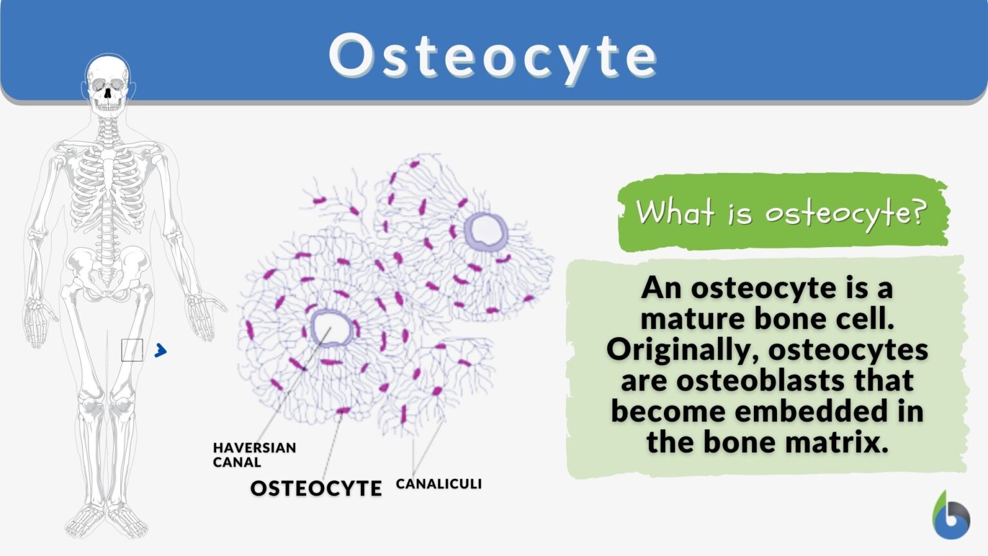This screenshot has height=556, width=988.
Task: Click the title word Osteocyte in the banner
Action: click(x=493, y=57)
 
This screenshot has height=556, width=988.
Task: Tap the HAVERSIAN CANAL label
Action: click(x=254, y=454)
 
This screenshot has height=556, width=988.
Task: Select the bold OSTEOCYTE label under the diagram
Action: click(x=316, y=488)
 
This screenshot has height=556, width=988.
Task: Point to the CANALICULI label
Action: click(x=439, y=484)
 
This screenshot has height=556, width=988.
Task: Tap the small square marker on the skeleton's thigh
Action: click(x=132, y=351)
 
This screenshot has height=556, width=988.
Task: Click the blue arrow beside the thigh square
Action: click(x=161, y=351)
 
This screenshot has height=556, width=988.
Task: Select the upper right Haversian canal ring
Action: click(x=486, y=230)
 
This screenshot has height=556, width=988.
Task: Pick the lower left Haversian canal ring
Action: click(x=331, y=328)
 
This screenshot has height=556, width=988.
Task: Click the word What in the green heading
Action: click(x=675, y=211)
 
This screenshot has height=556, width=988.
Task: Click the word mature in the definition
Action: click(x=691, y=319)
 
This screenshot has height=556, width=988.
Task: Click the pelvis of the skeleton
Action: click(x=108, y=270)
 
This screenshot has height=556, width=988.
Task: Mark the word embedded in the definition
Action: click(x=809, y=411)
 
